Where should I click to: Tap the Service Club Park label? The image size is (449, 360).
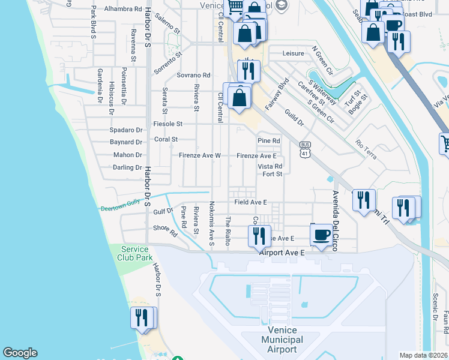click(x=136, y=253)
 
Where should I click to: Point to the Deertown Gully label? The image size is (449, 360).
click(x=120, y=206)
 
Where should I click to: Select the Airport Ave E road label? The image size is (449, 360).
click(x=282, y=253)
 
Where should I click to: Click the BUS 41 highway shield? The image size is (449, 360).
click(x=306, y=149)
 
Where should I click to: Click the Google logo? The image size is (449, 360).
click(x=20, y=352)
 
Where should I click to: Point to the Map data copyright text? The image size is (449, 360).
click(x=424, y=355)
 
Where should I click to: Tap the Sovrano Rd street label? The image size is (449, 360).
click(x=193, y=76)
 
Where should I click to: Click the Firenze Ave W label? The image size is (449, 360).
click(x=200, y=155)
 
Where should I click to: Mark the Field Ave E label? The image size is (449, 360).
click(x=250, y=203)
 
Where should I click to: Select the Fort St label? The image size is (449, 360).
click(x=272, y=175)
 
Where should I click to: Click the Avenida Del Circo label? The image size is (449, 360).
click(x=336, y=221)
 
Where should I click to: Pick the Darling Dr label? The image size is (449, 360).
click(x=127, y=167)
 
